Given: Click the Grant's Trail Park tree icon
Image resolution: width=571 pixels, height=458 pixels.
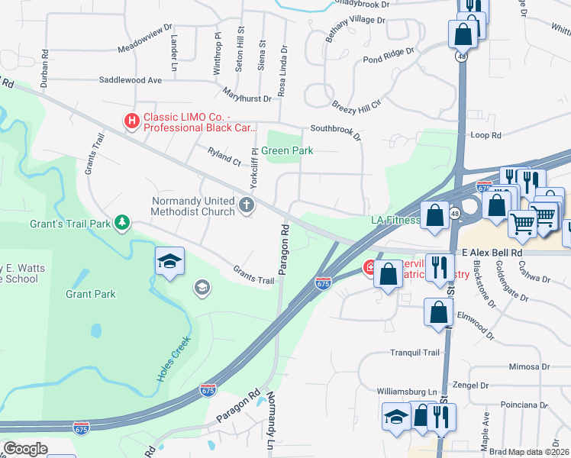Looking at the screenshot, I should [x=121, y=222].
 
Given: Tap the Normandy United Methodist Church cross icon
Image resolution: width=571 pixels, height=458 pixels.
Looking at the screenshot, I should [x=246, y=205].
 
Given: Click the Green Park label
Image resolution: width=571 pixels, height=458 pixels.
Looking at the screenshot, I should [x=287, y=150].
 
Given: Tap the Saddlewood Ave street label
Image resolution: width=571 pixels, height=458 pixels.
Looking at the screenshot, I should [x=131, y=79].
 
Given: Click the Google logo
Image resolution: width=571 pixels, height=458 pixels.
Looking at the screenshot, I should [x=25, y=448].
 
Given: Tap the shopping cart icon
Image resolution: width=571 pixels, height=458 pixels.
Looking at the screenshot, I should [x=523, y=224].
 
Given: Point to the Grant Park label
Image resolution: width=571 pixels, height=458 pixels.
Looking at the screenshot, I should [x=90, y=294].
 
